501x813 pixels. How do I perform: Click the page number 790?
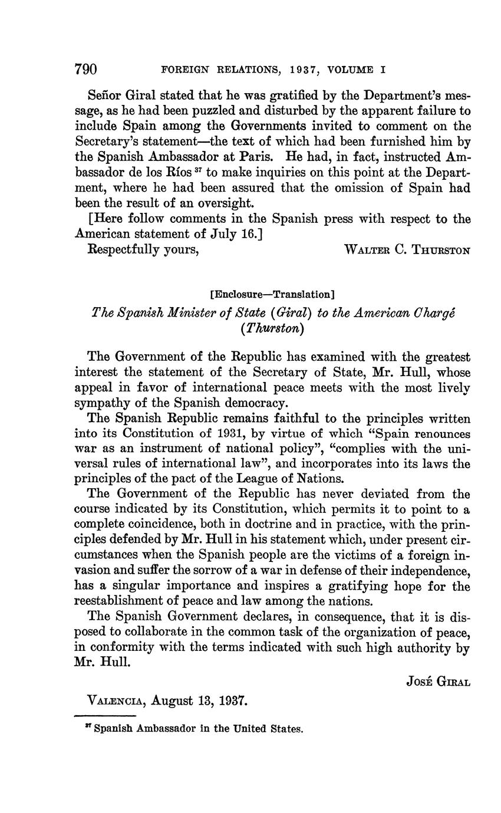(85, 69)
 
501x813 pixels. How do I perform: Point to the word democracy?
(252, 403)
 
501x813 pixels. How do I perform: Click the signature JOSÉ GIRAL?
(439, 682)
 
